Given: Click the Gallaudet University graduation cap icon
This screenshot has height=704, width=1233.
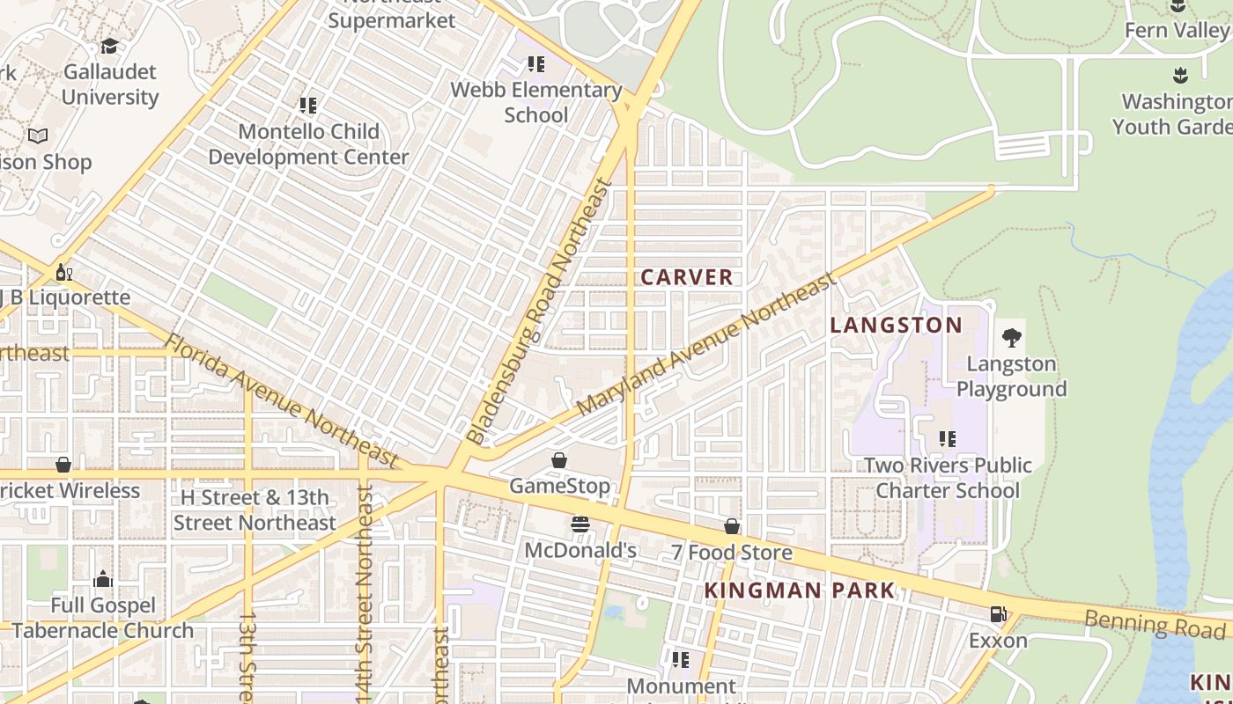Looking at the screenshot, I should tap(109, 46).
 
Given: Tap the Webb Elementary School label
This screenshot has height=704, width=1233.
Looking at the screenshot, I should tap(535, 102).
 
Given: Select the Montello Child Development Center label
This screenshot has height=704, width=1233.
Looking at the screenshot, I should tap(308, 144).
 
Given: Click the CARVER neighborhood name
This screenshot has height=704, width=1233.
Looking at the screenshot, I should tap(686, 277).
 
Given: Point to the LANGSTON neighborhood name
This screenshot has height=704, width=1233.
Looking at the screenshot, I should tap(897, 326).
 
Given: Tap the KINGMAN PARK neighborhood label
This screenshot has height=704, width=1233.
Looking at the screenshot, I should tap(800, 590).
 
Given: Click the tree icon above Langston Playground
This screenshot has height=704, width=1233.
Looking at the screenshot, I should tap(1011, 337).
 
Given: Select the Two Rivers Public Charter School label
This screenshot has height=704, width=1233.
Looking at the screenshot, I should tap(948, 478).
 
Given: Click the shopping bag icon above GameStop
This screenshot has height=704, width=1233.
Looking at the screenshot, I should tap(558, 460).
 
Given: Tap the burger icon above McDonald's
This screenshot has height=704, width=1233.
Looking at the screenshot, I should tap(580, 525).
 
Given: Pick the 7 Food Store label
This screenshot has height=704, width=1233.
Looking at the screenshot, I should tap(731, 553).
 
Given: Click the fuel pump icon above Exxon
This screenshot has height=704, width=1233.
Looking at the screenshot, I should tap(998, 614).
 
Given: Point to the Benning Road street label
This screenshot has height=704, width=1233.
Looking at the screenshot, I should tap(1154, 624).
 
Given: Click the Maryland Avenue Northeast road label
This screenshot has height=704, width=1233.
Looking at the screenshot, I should tap(705, 345).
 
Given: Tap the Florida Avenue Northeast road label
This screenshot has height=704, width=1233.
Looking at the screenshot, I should tap(282, 400).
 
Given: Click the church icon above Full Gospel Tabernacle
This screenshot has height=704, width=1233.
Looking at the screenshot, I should tap(103, 579).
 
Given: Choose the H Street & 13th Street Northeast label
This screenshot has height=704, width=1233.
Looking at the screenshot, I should tap(255, 510).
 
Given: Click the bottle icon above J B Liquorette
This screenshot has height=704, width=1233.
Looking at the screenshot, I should tap(63, 272).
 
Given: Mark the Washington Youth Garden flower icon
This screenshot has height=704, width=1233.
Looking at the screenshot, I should tap(1180, 76).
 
